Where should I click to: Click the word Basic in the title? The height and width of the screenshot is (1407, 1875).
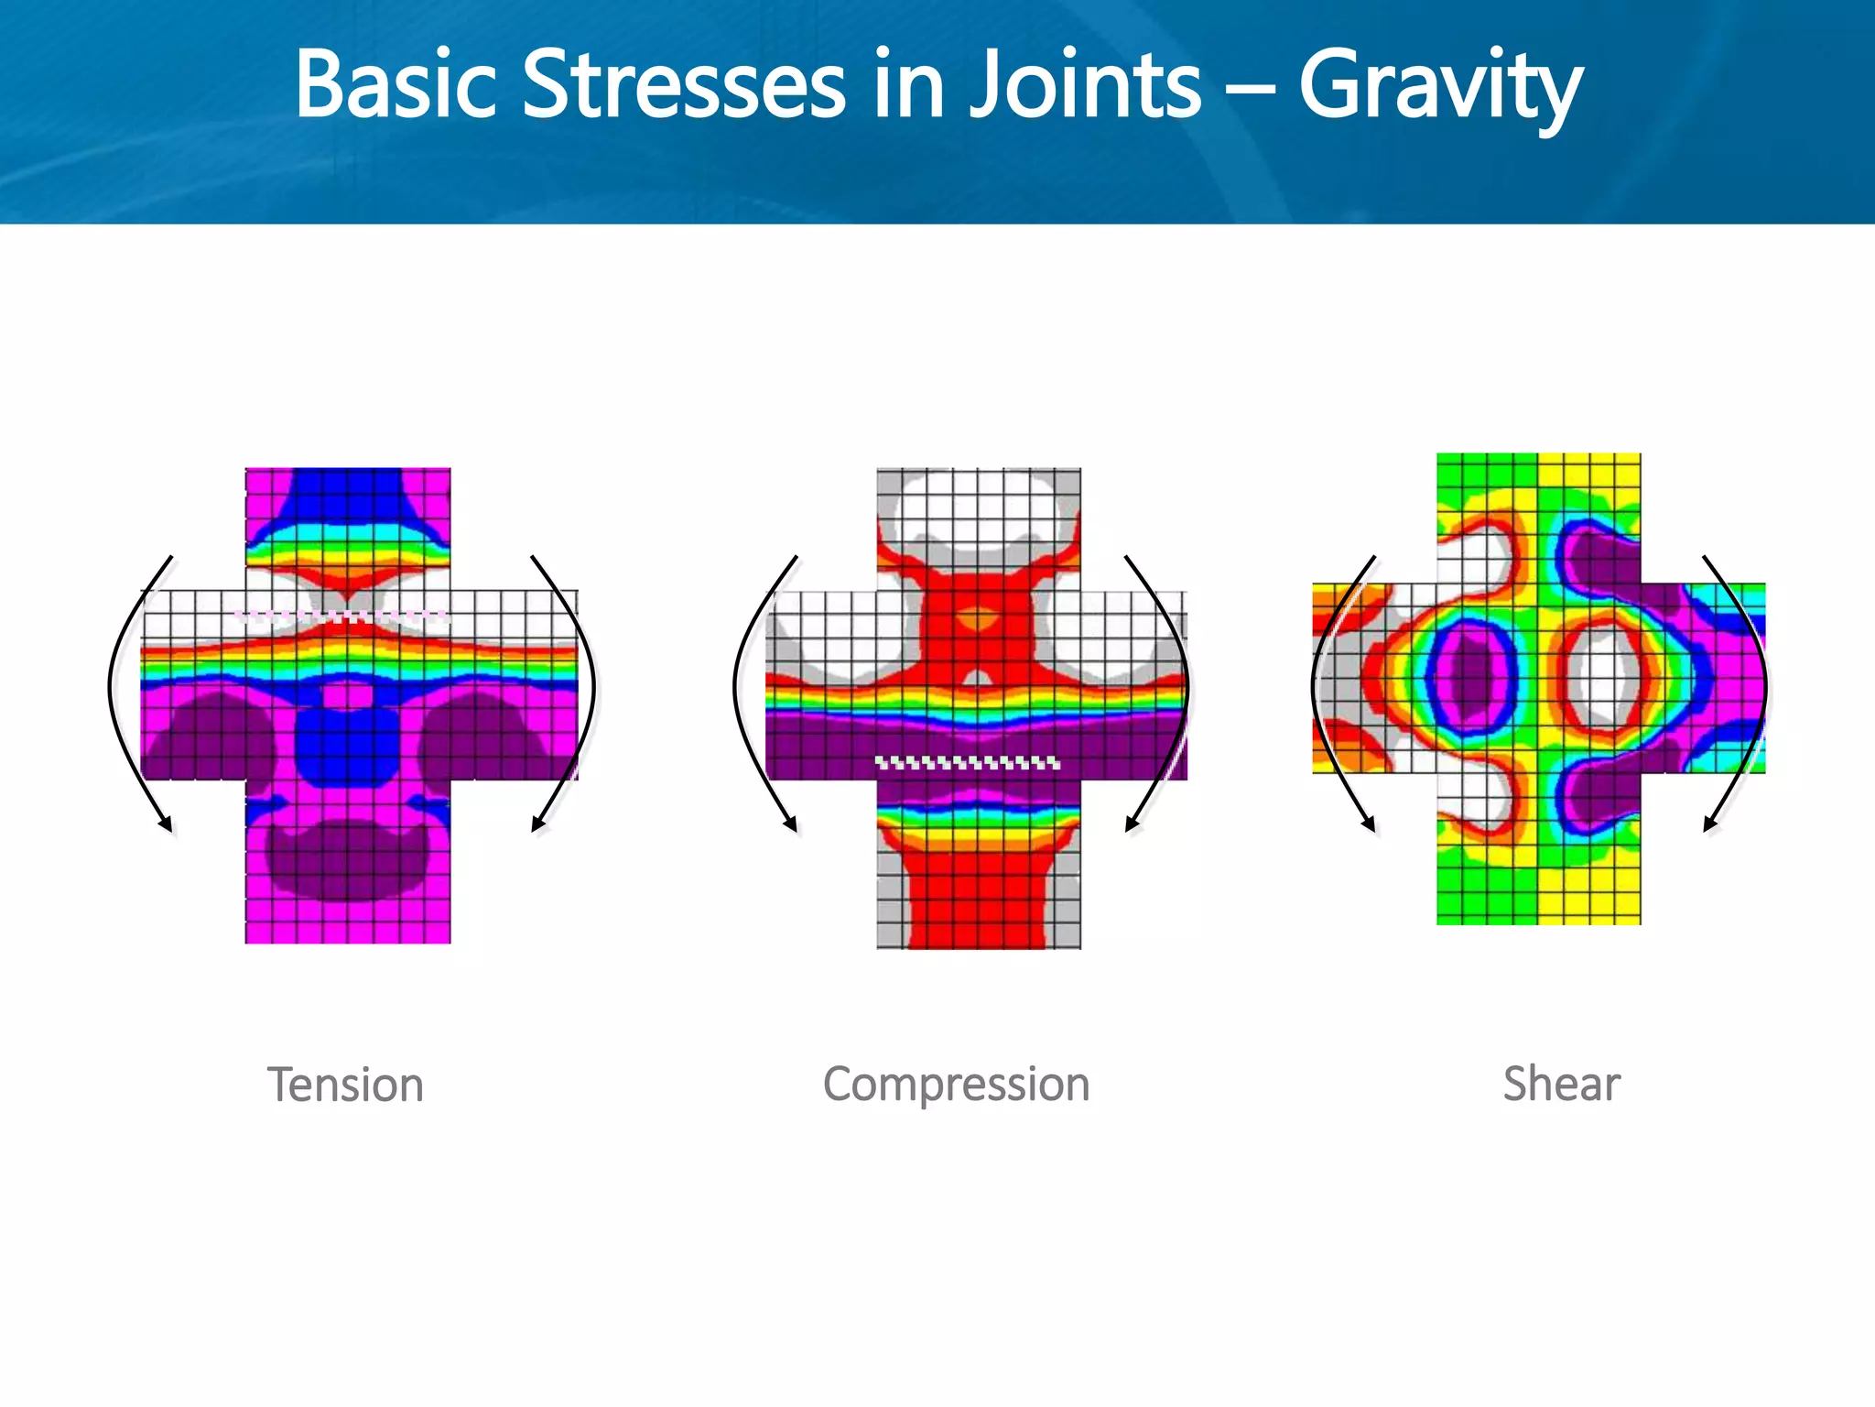click(396, 85)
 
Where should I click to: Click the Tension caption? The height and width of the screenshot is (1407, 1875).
click(345, 1085)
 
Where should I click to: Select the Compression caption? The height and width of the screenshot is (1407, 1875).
click(956, 1085)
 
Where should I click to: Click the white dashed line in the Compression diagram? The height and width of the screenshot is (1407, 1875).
click(968, 762)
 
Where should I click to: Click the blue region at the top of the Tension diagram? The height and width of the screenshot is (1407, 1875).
click(348, 495)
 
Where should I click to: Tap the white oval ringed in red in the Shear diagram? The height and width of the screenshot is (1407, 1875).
click(1604, 676)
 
